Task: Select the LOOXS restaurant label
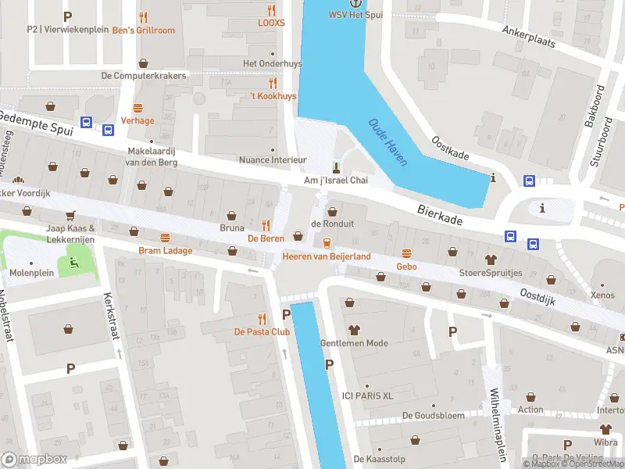(x=271, y=23)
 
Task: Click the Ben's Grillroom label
(x=144, y=30)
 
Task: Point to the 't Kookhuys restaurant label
(x=273, y=95)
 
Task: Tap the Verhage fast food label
(x=137, y=120)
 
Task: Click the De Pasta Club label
(x=262, y=331)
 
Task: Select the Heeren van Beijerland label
(x=327, y=256)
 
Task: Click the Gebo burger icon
(x=406, y=253)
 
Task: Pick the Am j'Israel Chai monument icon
(x=337, y=166)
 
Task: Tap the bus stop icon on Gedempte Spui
(x=86, y=123)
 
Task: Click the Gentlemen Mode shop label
(x=354, y=343)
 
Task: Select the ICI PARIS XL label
(x=367, y=396)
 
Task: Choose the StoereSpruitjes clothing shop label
(x=491, y=273)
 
